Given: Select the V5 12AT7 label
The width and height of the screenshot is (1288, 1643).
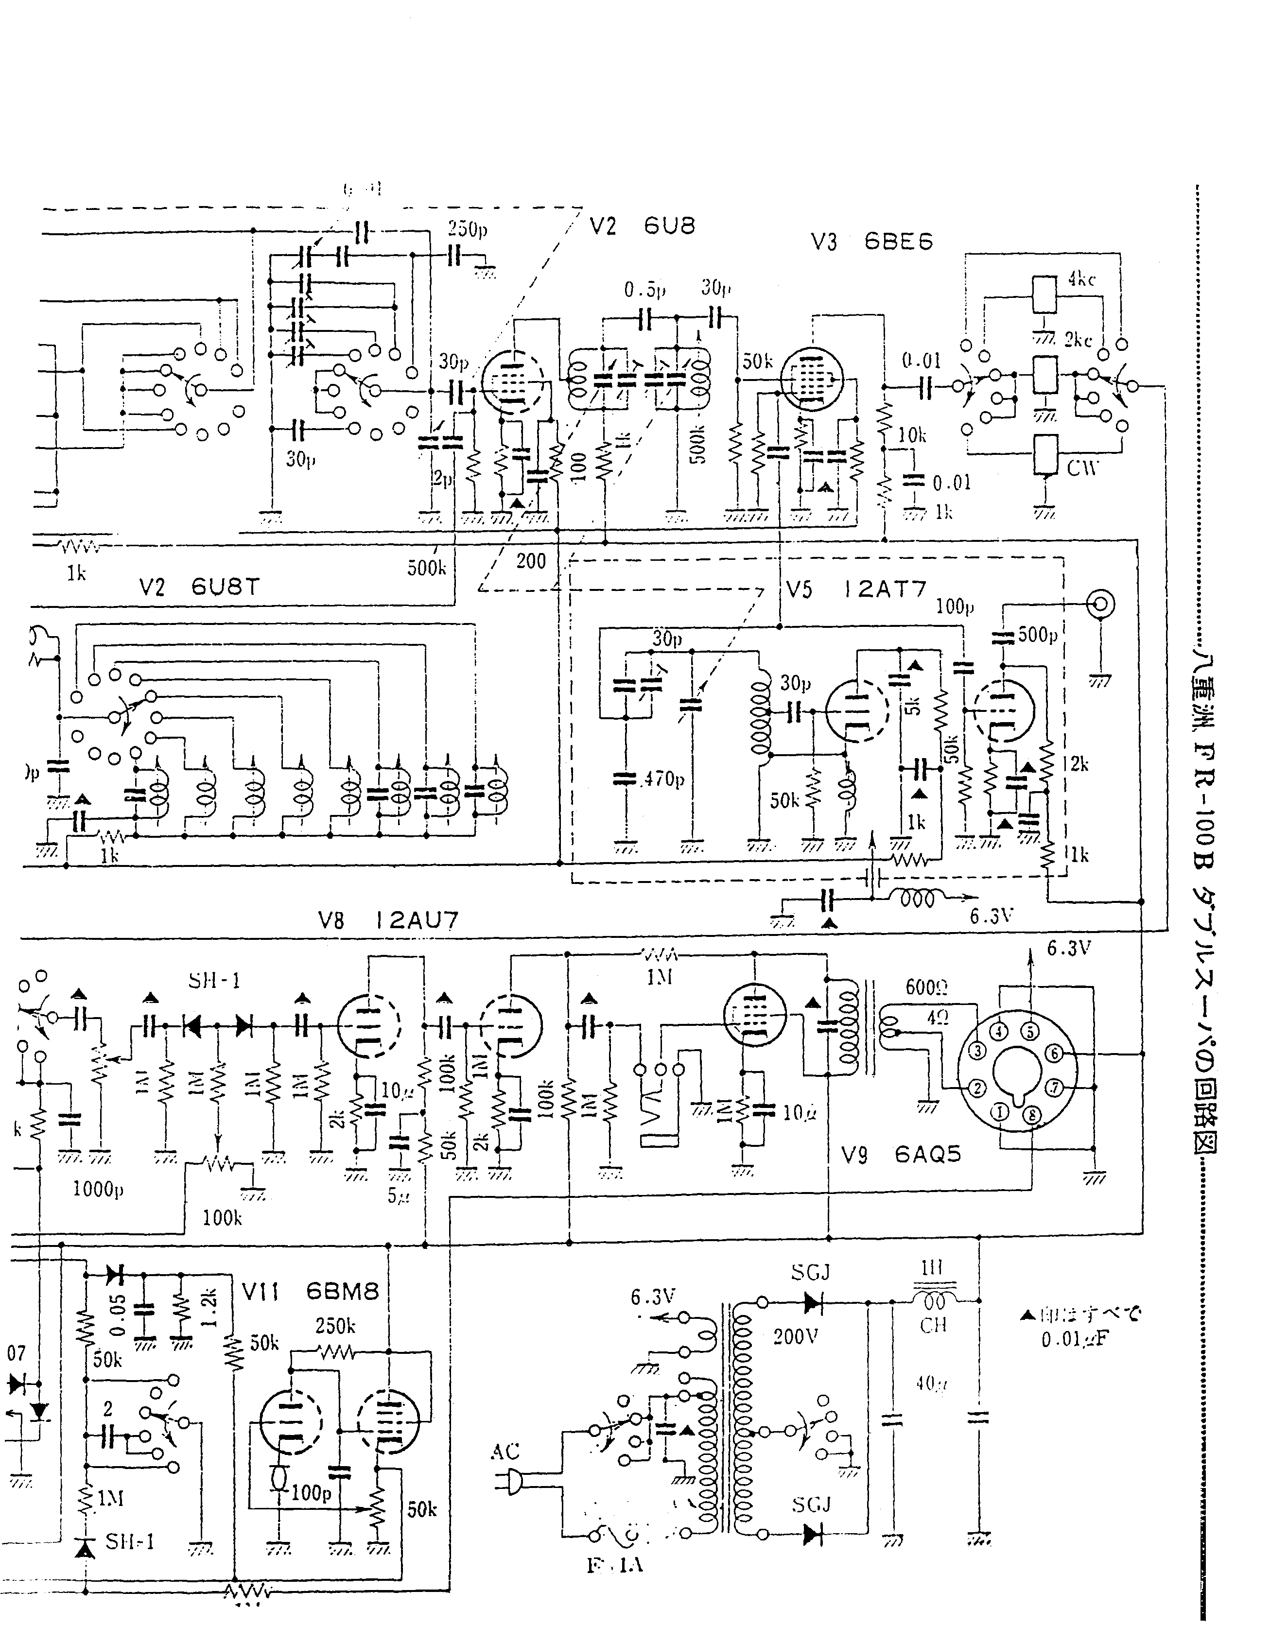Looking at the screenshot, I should [x=855, y=589].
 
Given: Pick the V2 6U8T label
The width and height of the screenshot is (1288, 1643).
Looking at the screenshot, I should [x=199, y=587].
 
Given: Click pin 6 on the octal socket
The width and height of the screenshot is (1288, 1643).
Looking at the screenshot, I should [x=1053, y=1054].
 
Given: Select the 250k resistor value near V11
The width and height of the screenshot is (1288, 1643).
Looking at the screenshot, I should [x=335, y=1326].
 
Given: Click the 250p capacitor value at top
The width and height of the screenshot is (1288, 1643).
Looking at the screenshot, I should [x=468, y=228].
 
